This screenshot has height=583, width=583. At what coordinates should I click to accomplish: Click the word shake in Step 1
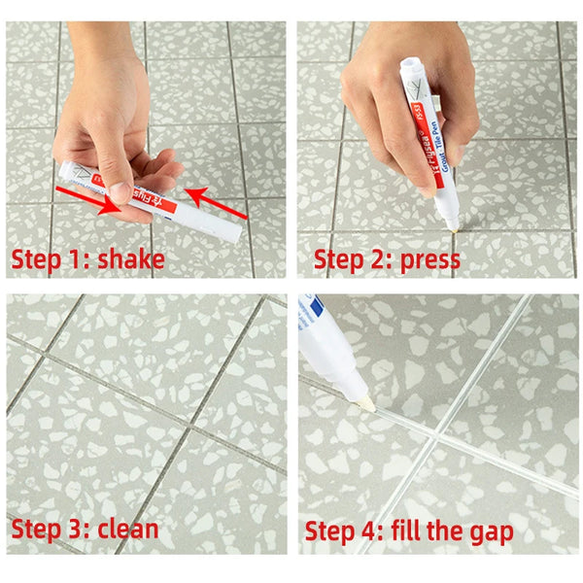[132, 258]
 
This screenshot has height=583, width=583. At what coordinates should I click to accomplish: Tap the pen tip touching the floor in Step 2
[452, 224]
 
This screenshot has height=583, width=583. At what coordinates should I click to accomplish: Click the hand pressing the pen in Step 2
[389, 107]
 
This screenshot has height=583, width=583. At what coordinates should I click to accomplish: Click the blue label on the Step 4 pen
[312, 316]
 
